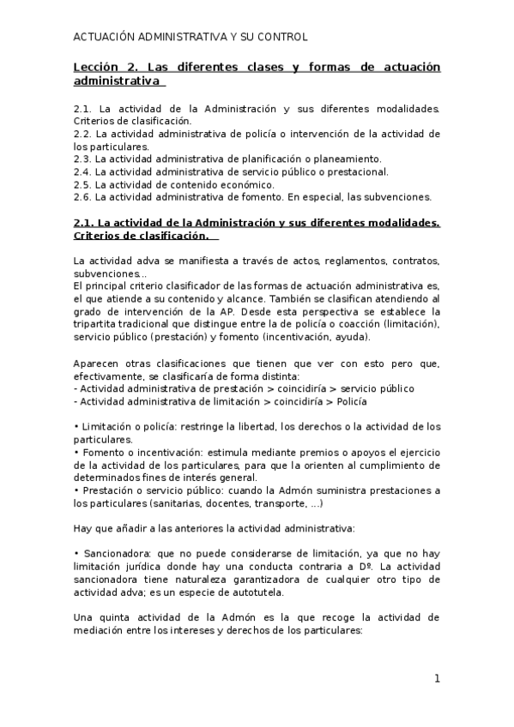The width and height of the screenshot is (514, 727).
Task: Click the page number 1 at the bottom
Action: pyautogui.click(x=437, y=679)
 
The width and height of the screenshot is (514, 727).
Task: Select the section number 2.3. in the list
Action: pyautogui.click(x=83, y=159)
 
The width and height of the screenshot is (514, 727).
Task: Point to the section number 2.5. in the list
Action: pyautogui.click(x=83, y=183)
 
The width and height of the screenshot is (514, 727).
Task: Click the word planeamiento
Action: pyautogui.click(x=348, y=159)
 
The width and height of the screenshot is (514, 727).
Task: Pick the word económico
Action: pyautogui.click(x=245, y=183)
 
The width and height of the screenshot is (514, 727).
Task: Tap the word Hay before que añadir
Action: pyautogui.click(x=84, y=528)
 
